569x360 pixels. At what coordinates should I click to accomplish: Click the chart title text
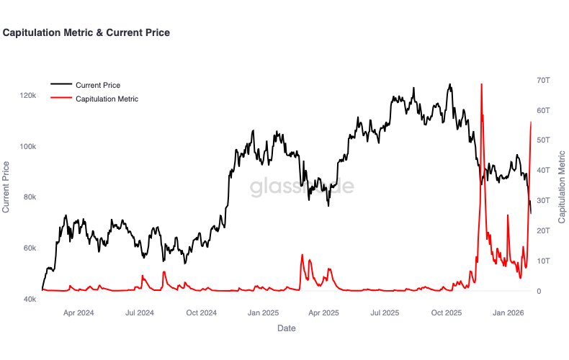pos(86,32)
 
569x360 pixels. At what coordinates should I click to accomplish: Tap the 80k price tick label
pos(29,197)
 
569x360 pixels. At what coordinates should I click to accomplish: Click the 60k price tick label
pos(29,248)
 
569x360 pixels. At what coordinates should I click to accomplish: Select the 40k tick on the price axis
pos(29,299)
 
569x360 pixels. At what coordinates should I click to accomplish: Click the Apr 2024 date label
pos(79,313)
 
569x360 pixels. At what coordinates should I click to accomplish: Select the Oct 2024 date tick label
pos(202,313)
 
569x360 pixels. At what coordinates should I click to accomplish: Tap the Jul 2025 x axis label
pos(385,313)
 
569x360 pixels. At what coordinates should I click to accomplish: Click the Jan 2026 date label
pos(508,313)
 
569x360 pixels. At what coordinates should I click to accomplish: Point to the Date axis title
pos(286,328)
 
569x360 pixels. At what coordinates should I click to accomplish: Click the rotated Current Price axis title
pos(6,187)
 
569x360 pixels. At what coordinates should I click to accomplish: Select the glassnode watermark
pos(302,187)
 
